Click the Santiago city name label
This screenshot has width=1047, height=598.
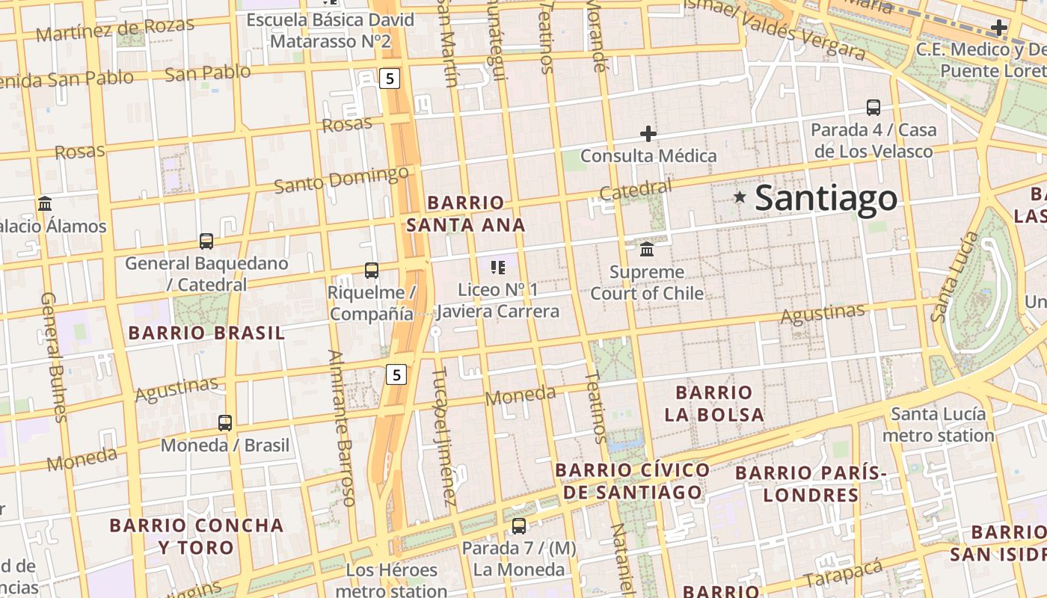(826, 198)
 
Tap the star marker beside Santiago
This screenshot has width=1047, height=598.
(740, 197)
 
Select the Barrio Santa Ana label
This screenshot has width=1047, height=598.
(466, 214)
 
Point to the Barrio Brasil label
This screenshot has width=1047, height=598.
(207, 333)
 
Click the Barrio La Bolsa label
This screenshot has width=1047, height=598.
(714, 404)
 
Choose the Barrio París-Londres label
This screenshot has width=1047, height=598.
(811, 484)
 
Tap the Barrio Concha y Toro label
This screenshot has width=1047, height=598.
(197, 536)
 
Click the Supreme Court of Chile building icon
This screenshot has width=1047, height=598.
(647, 248)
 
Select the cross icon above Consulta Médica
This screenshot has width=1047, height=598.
(648, 135)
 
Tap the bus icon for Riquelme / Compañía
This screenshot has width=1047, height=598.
(372, 271)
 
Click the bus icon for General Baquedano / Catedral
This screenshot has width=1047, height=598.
(206, 241)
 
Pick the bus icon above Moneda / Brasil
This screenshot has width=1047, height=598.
(225, 423)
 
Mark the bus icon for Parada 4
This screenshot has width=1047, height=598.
(873, 108)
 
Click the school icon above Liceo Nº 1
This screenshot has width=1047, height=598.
(498, 267)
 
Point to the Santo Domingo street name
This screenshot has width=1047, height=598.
(341, 180)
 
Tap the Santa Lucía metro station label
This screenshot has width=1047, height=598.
(938, 424)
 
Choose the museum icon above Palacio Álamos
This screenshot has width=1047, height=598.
(44, 204)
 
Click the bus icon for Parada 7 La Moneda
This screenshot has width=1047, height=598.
(519, 526)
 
